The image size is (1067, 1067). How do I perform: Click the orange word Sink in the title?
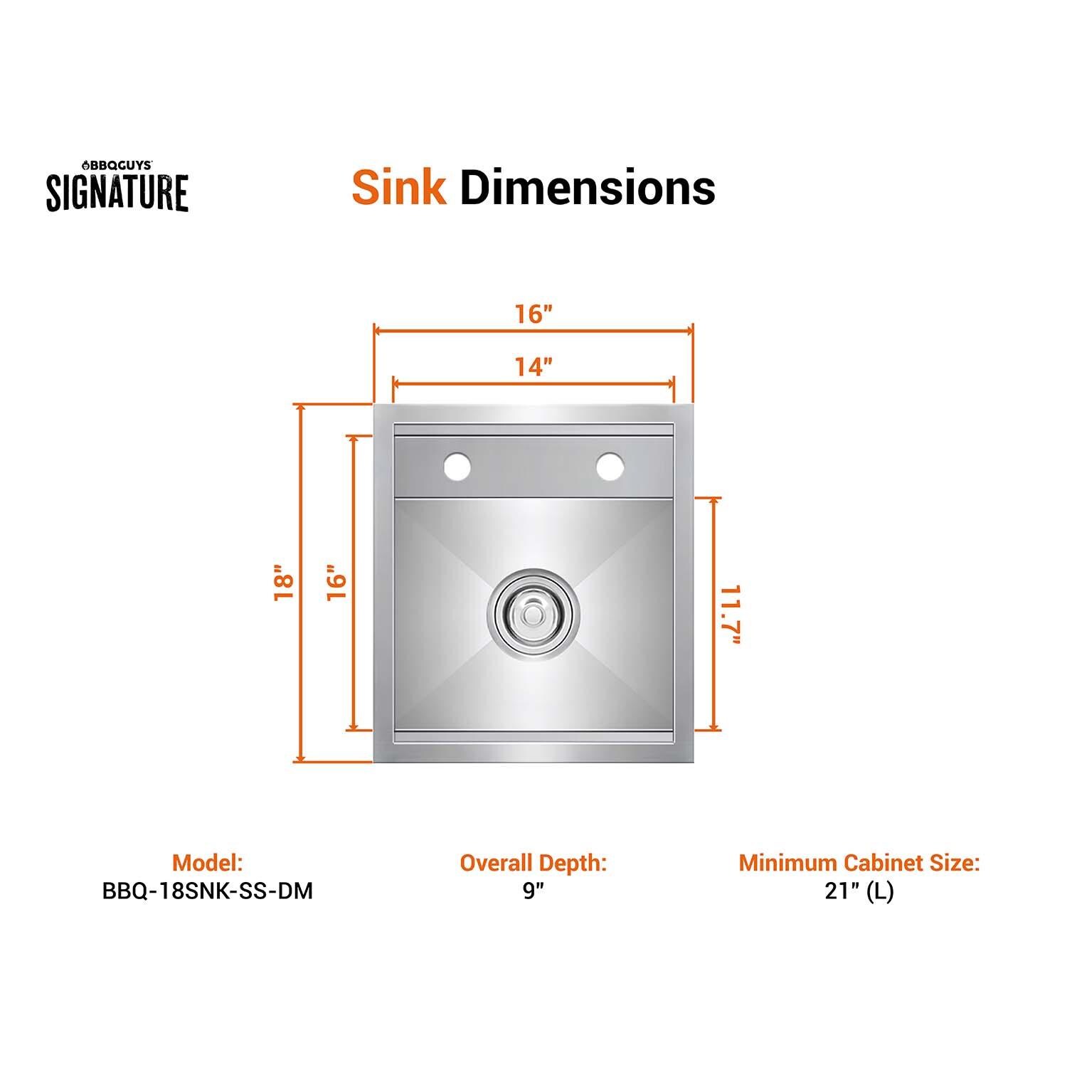399,187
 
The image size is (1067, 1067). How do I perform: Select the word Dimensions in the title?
588,187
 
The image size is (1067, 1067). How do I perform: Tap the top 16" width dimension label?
534,314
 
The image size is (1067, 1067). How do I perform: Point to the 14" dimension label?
533,367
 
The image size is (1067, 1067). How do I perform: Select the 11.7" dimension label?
731,615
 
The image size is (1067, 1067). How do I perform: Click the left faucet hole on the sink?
457,467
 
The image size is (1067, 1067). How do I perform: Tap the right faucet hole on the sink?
610,467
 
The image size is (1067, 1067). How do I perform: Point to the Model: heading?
208,863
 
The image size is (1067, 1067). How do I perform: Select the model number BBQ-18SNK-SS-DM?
208,891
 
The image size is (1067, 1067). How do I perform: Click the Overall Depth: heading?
533,863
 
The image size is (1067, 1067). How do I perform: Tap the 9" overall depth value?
533,891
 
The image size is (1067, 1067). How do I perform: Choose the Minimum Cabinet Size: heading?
859,863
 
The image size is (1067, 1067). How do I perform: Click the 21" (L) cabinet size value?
859,891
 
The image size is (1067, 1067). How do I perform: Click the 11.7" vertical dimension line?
713,541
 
